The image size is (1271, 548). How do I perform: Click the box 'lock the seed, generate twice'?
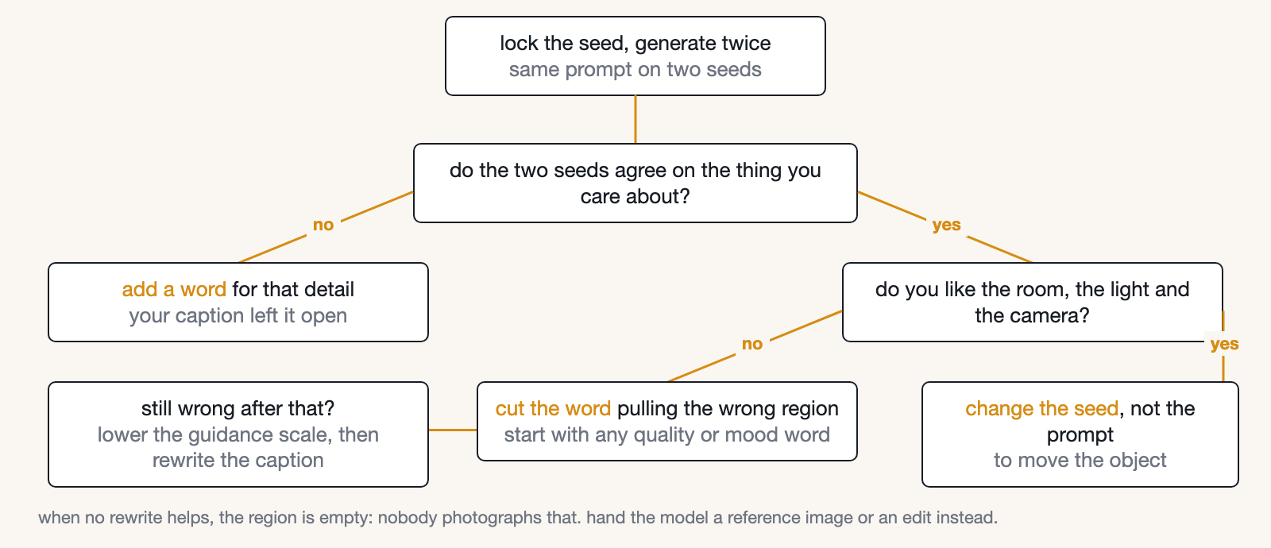click(635, 56)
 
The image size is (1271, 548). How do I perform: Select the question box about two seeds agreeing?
click(635, 183)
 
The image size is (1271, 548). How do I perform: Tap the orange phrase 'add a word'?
click(174, 289)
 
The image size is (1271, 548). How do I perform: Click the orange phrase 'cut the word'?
click(553, 408)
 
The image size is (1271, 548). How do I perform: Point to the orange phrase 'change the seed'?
click(1041, 408)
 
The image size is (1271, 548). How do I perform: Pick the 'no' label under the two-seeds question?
click(323, 225)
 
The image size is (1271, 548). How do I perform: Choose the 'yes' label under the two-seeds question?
click(946, 225)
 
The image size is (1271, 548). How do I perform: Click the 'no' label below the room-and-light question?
click(752, 344)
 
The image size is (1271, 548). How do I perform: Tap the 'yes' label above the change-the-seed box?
click(1224, 344)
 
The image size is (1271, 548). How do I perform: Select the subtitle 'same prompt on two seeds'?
click(635, 70)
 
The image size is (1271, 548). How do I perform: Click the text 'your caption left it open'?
click(238, 315)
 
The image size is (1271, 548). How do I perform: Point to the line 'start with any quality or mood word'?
click(666, 434)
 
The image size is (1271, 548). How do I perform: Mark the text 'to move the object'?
click(1080, 460)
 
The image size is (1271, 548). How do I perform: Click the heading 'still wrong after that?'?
click(238, 408)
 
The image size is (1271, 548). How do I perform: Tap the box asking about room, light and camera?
click(1032, 302)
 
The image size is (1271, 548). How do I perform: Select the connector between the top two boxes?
click(635, 119)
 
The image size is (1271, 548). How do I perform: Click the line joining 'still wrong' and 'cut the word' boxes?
click(453, 430)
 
